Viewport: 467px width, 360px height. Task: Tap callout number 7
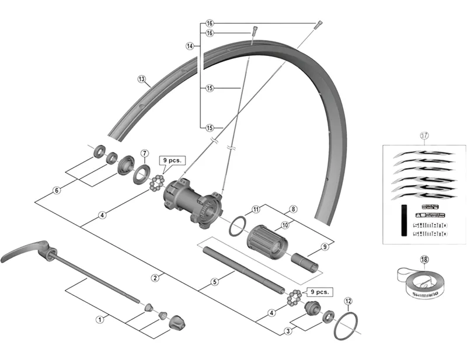pos(144,153)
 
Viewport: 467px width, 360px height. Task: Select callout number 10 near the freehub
pos(285,225)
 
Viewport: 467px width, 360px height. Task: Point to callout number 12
pos(348,301)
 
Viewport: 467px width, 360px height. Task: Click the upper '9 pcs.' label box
pos(172,159)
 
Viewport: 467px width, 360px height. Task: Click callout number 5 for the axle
pos(215,282)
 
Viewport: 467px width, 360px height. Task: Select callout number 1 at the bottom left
pos(99,319)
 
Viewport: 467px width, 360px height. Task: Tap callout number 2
pos(155,278)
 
